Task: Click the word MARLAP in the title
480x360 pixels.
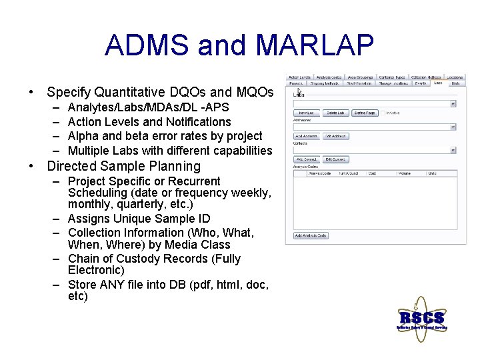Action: click(x=315, y=45)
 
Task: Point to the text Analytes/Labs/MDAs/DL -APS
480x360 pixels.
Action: click(x=148, y=107)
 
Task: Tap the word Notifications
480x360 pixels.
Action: click(x=198, y=122)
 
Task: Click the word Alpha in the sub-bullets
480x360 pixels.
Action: click(x=83, y=136)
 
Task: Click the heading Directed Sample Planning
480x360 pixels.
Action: click(x=123, y=166)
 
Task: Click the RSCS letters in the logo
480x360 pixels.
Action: click(x=421, y=317)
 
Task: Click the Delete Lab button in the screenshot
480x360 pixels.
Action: click(x=335, y=113)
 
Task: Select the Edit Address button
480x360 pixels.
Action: click(x=335, y=136)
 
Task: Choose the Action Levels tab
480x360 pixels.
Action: click(x=299, y=77)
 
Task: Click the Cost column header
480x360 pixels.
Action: click(x=373, y=173)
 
